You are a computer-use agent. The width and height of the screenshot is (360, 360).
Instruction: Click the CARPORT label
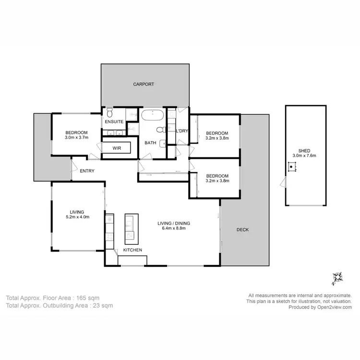coord(144,84)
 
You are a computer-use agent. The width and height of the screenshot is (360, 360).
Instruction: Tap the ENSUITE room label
coord(114,122)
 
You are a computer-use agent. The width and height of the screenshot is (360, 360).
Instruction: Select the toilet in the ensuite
coord(109,112)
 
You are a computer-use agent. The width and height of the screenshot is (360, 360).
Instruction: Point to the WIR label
coord(117,148)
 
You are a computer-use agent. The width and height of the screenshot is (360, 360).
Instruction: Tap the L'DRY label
coord(182,131)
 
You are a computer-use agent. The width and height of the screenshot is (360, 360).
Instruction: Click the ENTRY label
coord(87,171)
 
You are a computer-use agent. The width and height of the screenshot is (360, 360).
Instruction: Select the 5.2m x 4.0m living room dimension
coord(77,217)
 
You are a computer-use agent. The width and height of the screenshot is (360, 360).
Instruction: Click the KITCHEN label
coord(132,251)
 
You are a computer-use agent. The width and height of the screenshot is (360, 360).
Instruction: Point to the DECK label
coord(242,229)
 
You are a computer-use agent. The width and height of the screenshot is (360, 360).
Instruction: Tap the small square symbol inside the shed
coord(291,168)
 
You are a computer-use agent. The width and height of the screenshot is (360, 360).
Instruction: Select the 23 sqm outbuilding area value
coord(103,305)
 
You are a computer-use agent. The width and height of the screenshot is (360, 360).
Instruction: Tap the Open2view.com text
coord(334,307)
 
